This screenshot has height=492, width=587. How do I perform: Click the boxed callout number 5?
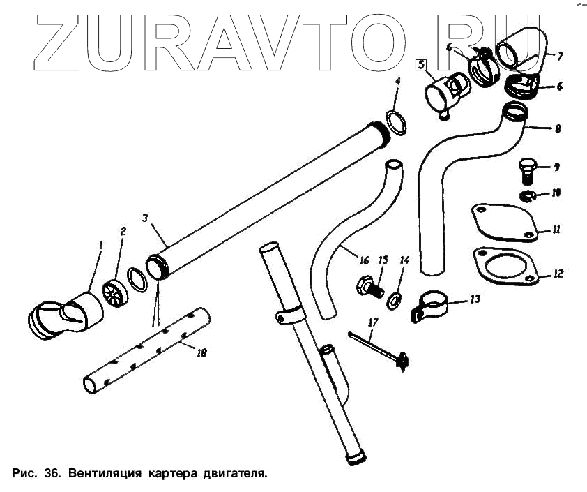pyautogui.click(x=420, y=66)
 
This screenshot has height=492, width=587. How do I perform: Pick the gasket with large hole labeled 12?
pyautogui.click(x=505, y=265)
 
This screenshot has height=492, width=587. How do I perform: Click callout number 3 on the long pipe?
pyautogui.click(x=144, y=218)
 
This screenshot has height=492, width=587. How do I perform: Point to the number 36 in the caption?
pyautogui.click(x=52, y=473)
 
